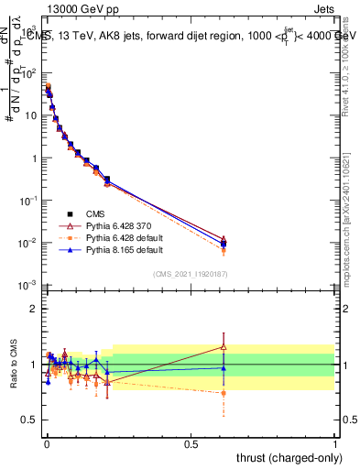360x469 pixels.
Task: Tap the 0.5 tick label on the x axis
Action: click(x=191, y=444)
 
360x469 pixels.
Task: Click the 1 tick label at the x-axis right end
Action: click(x=334, y=444)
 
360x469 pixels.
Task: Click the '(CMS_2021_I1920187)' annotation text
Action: click(x=190, y=272)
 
